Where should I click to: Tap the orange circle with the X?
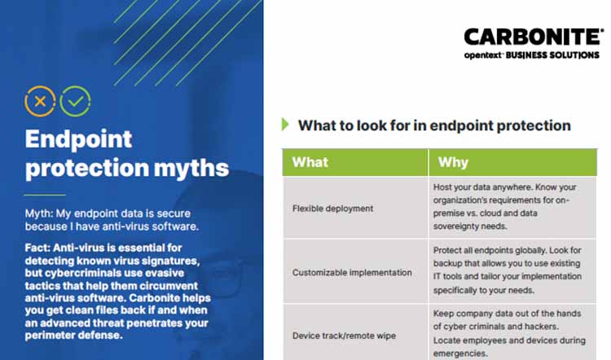click(40, 102)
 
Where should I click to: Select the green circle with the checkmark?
click(75, 102)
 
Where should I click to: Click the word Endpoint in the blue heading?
click(78, 139)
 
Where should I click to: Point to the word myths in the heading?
click(189, 168)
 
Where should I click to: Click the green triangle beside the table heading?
click(285, 125)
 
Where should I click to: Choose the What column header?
click(310, 162)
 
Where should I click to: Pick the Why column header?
click(453, 162)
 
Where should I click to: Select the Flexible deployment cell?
click(332, 209)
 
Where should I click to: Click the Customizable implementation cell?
click(352, 272)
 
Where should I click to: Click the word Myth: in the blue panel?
click(41, 213)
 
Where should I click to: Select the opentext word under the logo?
click(486, 55)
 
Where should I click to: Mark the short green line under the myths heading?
click(44, 195)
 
